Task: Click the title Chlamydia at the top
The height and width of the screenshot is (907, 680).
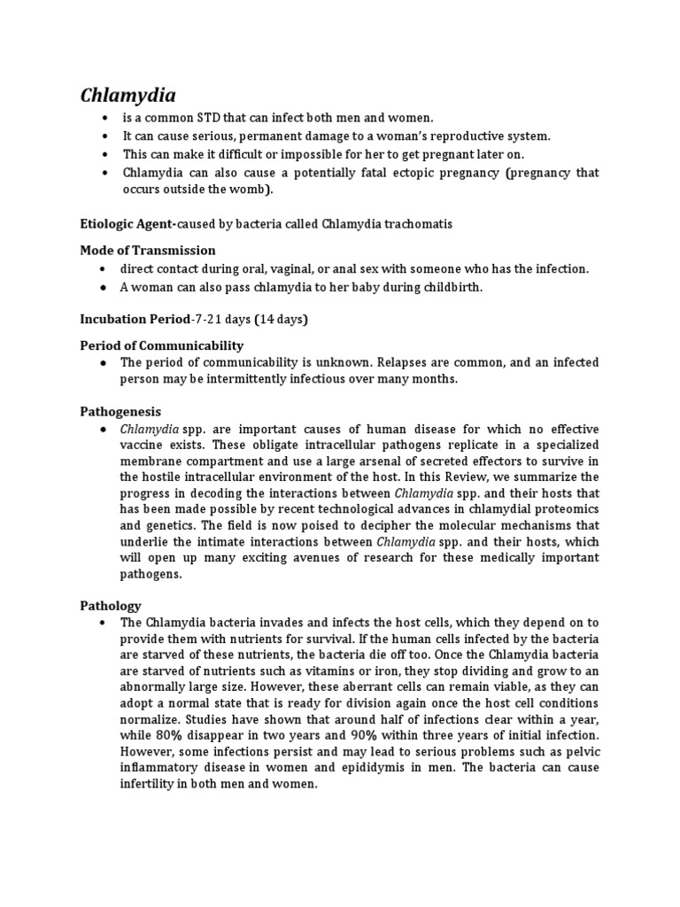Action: click(128, 96)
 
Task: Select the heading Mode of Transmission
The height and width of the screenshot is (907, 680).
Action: click(148, 251)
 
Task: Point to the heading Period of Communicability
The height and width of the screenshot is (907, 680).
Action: click(162, 345)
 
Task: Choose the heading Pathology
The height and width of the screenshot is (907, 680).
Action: click(111, 606)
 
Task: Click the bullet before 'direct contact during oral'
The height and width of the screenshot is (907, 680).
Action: click(104, 268)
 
